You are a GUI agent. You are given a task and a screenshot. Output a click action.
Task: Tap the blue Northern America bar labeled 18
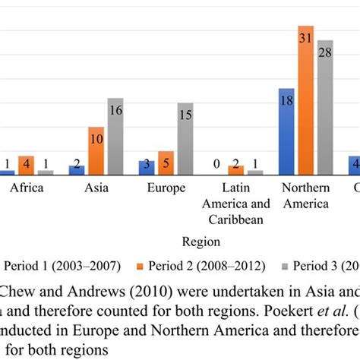pos(286,131)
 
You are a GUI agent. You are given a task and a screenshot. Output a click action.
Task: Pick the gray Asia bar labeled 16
pos(115,137)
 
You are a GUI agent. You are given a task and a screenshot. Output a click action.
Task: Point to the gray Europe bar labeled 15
pos(185,139)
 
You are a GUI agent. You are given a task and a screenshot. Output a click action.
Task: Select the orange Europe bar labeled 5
pos(166,163)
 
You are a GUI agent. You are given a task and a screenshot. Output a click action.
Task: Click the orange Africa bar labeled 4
pos(27,165)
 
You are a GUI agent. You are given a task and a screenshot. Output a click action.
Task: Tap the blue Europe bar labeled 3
pos(147,168)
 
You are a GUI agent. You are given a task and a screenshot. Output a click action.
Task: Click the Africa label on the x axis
pos(27,188)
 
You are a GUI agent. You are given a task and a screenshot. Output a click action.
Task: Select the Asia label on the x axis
pos(96,188)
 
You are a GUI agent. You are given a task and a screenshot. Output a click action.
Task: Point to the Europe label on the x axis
pos(166,188)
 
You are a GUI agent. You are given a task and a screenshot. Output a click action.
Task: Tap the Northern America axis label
pos(305,195)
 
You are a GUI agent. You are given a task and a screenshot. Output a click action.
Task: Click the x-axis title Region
pos(201,242)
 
